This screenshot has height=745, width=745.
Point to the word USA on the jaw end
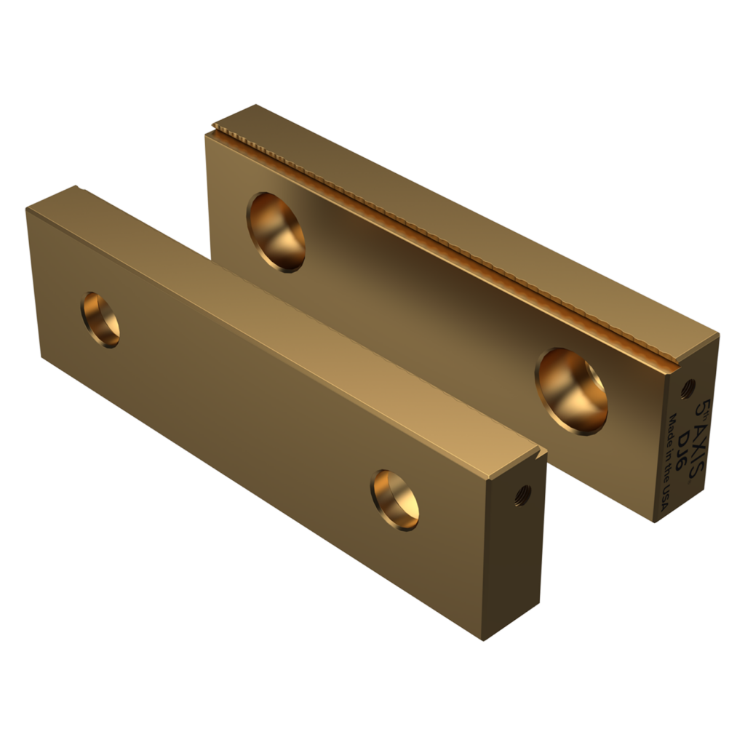tap(664, 495)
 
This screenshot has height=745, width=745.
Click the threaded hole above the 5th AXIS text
tap(688, 388)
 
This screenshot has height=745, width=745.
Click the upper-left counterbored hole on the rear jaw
tap(276, 231)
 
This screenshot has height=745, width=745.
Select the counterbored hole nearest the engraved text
tap(572, 390)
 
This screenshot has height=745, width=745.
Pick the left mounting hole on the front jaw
tap(100, 319)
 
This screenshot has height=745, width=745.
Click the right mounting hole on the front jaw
tap(394, 499)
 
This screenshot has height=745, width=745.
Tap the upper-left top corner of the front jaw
tap(26, 209)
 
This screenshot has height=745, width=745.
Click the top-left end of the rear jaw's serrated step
tap(213, 132)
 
